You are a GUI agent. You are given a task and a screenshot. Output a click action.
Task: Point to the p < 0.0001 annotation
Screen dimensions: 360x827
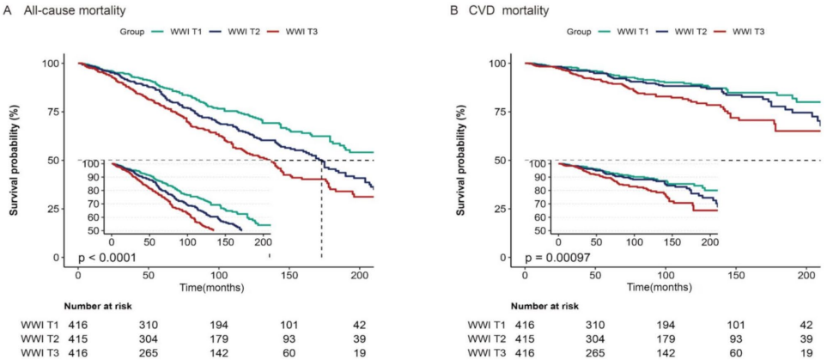(109, 257)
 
